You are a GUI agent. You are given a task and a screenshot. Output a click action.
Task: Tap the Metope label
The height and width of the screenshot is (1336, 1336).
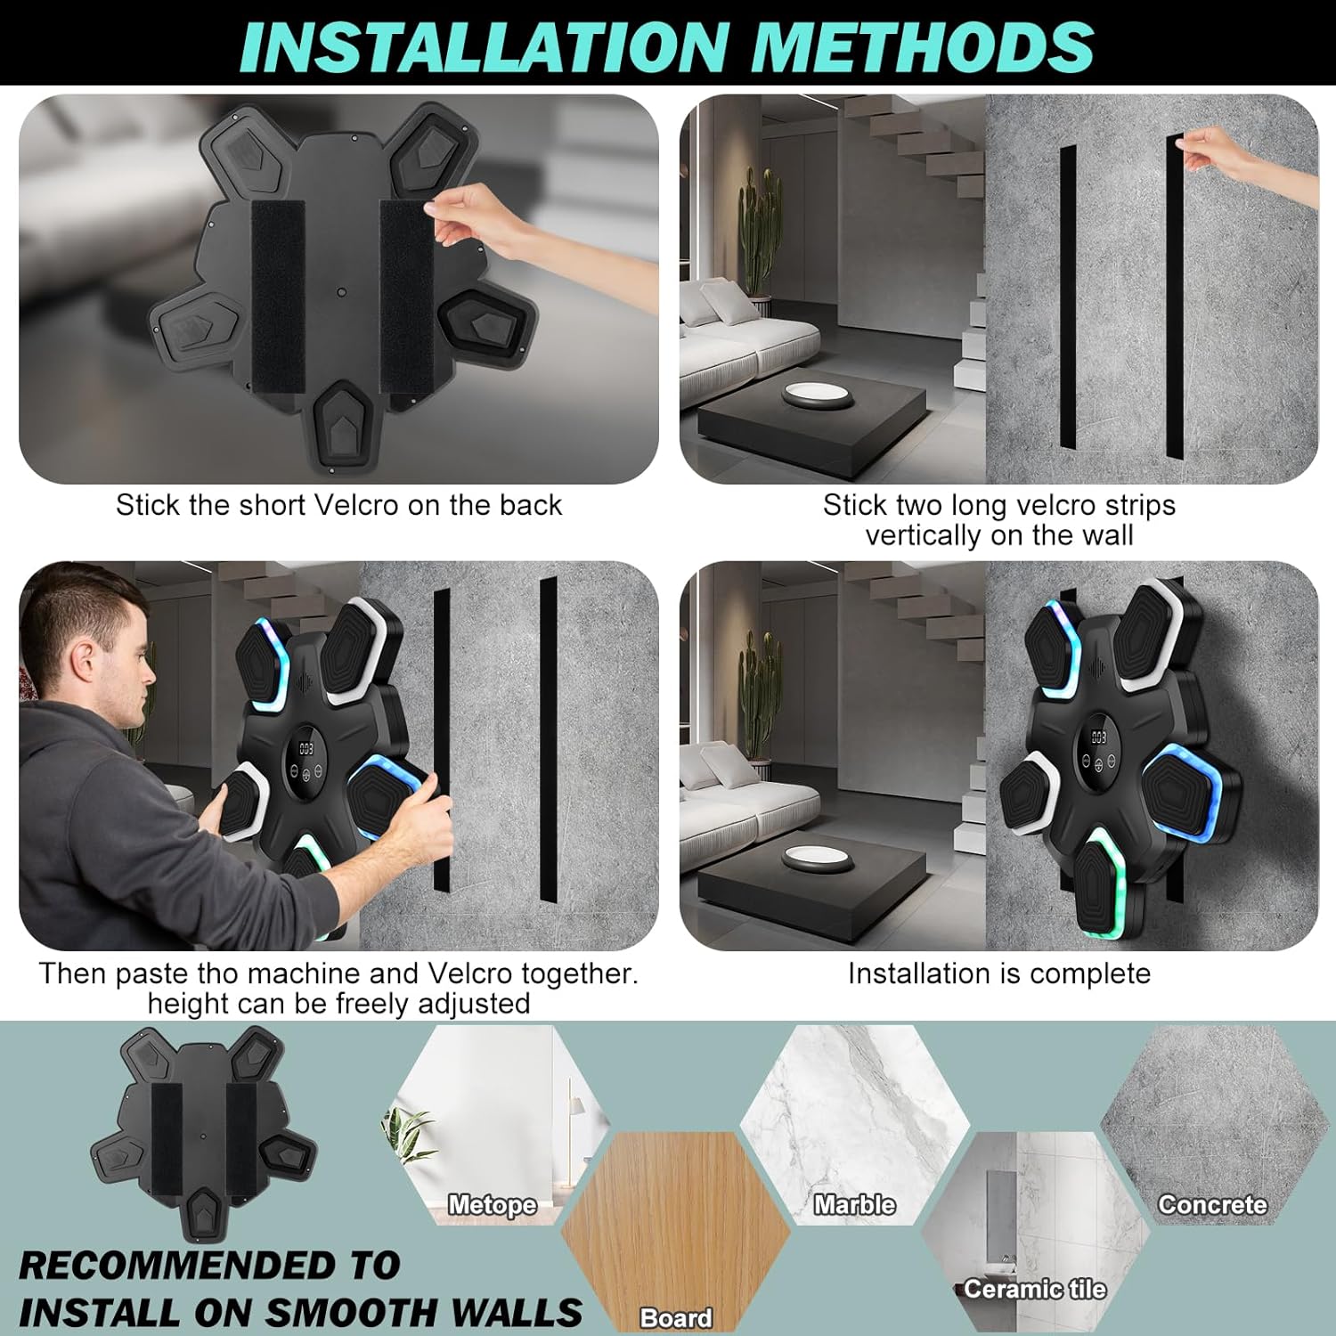coord(492,1205)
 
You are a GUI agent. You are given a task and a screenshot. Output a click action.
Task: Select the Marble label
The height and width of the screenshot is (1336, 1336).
coord(854,1205)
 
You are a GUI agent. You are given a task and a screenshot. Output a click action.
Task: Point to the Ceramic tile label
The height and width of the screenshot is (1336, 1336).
coord(1034,1289)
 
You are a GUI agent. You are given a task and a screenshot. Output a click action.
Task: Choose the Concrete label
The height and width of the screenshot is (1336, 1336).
coord(1211,1205)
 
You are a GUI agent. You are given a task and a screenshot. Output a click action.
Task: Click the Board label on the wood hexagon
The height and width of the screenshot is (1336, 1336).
coord(676,1317)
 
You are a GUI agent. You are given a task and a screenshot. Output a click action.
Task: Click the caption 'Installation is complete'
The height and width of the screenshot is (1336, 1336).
coord(998,973)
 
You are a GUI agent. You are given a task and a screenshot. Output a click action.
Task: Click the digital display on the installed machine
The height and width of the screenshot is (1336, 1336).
coord(1099,737)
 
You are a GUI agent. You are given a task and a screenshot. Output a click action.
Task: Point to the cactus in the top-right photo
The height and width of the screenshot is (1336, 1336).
coord(757,232)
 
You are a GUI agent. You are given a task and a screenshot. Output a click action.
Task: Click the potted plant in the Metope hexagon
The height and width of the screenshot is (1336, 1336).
coord(410,1136)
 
